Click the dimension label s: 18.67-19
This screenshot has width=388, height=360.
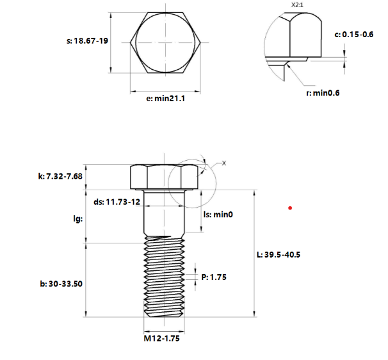pyautogui.click(x=86, y=40)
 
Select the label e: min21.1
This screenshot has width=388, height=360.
pyautogui.click(x=165, y=99)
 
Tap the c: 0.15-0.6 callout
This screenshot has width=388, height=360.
pyautogui.click(x=354, y=34)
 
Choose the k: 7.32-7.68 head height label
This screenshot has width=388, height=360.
pyautogui.click(x=62, y=176)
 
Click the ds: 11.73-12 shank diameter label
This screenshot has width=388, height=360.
pyautogui.click(x=117, y=201)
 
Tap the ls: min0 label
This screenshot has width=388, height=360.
pyautogui.click(x=218, y=215)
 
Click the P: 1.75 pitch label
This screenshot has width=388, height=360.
pyautogui.click(x=214, y=277)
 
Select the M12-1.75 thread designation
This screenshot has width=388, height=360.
pyautogui.click(x=161, y=339)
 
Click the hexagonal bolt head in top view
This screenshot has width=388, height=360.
pyautogui.click(x=166, y=42)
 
